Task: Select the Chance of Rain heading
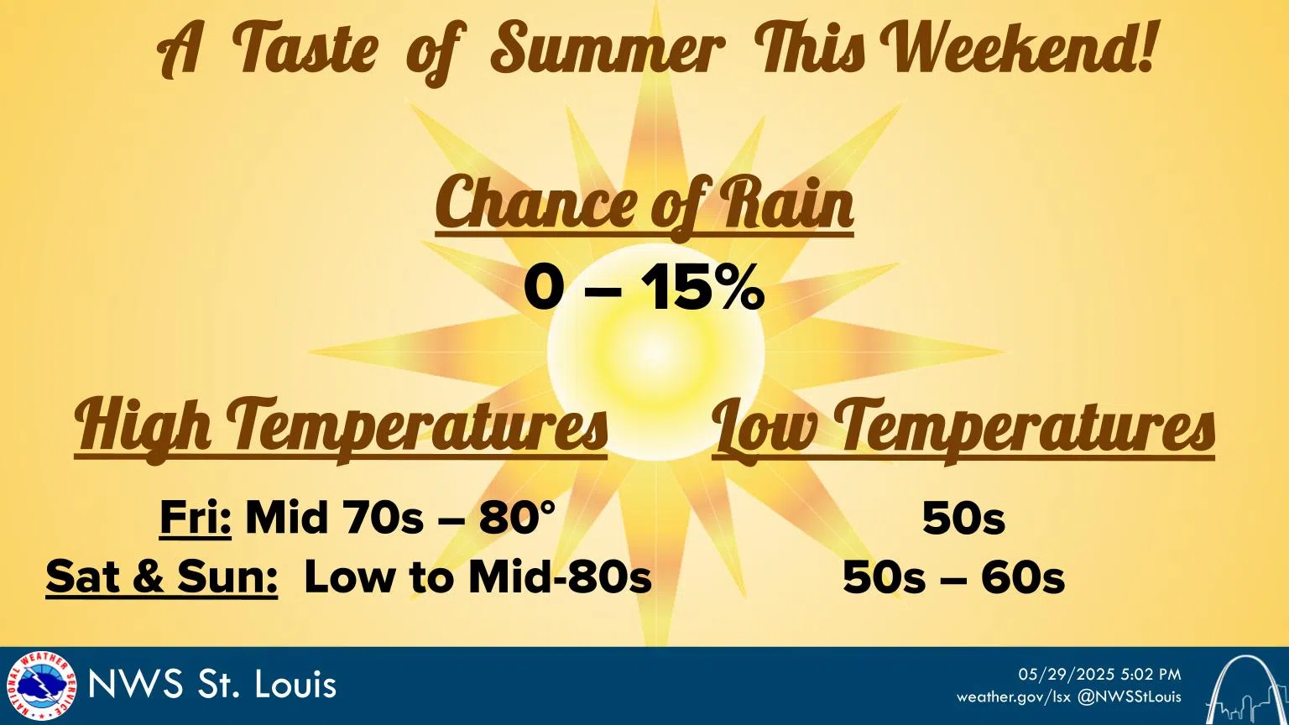644,205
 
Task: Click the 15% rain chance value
705,289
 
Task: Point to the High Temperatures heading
341,429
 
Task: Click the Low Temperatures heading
963,429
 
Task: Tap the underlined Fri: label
196,518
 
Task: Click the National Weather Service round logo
41,686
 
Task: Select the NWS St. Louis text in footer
212,686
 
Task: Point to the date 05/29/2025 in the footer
1067,675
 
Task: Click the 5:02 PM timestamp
1151,675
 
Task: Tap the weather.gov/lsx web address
1014,697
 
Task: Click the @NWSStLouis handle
1129,697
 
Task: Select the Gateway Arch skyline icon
1245,689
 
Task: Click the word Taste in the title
305,50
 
